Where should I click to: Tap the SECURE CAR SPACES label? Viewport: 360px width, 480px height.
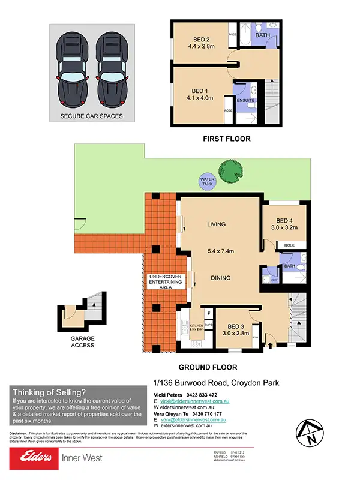coord(91,116)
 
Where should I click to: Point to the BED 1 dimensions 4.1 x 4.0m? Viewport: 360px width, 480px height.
coord(199,98)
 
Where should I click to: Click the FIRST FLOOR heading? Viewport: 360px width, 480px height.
coord(226,139)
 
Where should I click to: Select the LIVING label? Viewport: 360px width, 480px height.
coord(216,224)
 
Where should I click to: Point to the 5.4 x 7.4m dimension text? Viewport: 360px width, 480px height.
coord(220,251)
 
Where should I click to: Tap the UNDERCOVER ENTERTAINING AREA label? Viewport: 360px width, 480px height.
coord(161,282)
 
